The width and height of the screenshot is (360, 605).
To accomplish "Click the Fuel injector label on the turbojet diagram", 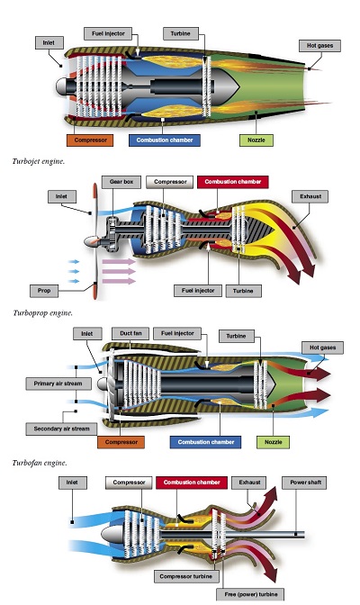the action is (108, 33).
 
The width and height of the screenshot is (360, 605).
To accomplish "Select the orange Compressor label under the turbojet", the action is (90, 140).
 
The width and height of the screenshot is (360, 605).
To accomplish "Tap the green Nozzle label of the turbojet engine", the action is (256, 140).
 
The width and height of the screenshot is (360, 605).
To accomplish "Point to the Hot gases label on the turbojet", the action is (319, 46).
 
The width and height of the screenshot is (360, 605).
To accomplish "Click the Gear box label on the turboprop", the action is (121, 182).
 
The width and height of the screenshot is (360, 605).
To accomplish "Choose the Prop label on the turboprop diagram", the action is (44, 291).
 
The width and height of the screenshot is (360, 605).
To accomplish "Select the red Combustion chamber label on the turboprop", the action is (233, 182).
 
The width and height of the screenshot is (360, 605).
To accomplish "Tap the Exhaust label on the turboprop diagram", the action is (310, 196).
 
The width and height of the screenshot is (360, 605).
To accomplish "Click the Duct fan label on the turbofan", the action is (130, 333).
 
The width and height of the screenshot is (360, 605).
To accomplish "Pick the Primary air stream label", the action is (58, 384).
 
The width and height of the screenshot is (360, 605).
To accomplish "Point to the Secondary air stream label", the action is (61, 429).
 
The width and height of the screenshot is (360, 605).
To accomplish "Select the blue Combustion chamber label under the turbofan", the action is (206, 442).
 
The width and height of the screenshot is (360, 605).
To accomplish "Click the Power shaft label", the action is (306, 483).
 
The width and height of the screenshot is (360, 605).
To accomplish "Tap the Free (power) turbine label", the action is (251, 594).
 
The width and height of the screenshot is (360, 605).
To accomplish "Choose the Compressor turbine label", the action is (186, 576).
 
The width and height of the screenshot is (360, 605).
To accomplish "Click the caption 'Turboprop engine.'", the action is (42, 313).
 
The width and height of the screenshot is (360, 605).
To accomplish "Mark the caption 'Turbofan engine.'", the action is (40, 463).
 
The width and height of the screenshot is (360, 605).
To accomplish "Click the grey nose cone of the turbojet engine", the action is (61, 86).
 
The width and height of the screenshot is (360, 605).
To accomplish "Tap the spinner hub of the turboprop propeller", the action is (92, 242).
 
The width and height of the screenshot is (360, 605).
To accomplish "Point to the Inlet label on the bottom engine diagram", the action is (72, 483).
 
